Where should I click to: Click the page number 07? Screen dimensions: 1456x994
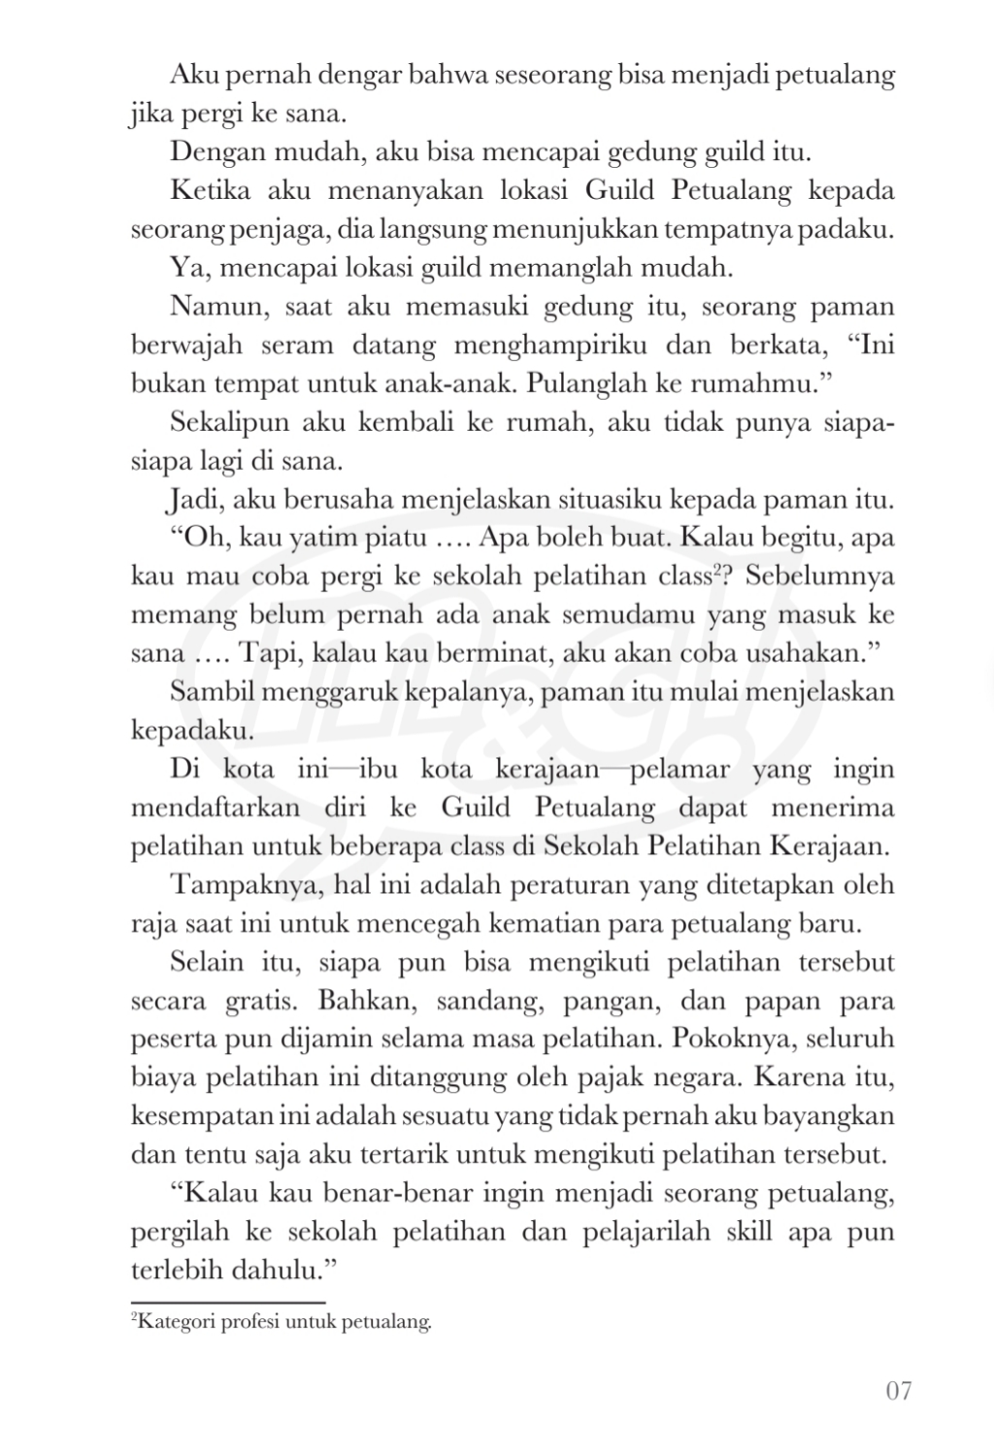(x=899, y=1391)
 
